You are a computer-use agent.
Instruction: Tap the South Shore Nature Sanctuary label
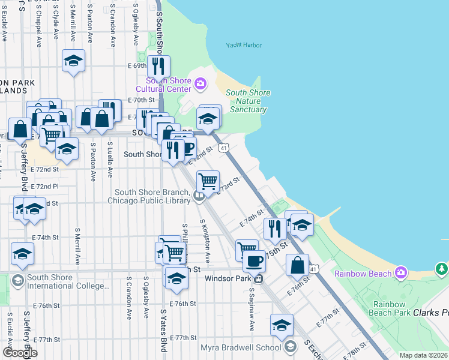[x=248, y=101]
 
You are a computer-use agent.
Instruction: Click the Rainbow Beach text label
[x=363, y=274]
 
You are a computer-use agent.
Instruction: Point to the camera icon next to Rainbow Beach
[x=401, y=274]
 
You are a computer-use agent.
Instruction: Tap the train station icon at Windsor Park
[x=259, y=278]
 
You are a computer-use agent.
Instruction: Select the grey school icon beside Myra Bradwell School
[x=291, y=347]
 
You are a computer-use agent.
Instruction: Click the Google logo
[x=20, y=352]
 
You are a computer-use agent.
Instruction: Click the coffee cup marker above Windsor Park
[x=255, y=260]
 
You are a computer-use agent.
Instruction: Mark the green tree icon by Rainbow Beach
[x=442, y=268]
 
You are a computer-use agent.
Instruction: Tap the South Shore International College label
[x=67, y=281]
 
